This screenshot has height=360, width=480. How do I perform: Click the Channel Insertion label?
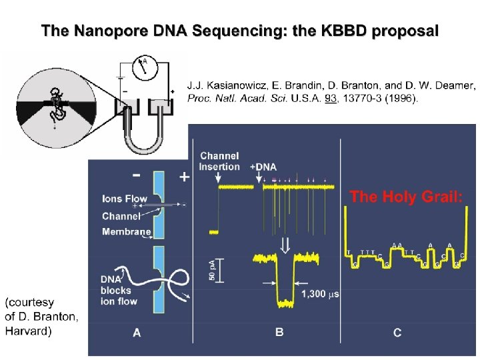point(219,161)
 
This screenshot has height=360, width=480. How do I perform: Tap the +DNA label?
point(263,167)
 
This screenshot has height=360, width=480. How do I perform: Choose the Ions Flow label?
point(125,198)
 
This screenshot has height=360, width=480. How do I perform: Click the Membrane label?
point(125,231)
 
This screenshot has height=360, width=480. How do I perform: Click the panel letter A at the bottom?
point(137,332)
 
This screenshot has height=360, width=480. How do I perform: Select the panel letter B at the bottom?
point(279,332)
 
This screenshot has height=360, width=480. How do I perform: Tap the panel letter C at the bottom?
point(397,332)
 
